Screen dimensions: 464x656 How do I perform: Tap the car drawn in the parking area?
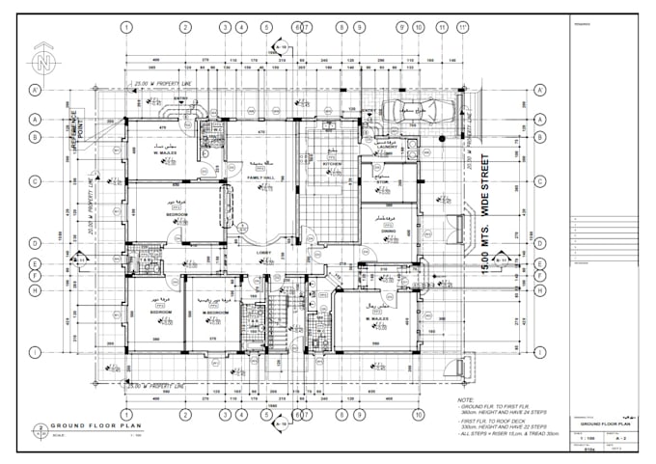[x=408, y=114]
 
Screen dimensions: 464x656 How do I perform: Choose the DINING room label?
[x=391, y=232]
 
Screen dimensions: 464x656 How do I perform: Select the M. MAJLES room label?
[x=376, y=317]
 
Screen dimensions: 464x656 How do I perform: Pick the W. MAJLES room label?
[x=168, y=150]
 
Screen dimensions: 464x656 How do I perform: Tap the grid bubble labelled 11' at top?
[x=462, y=27]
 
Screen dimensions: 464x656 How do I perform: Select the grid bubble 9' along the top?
[x=401, y=27]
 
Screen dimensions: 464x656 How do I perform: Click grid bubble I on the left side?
[x=34, y=352]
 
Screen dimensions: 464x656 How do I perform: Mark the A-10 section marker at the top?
[x=281, y=46]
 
